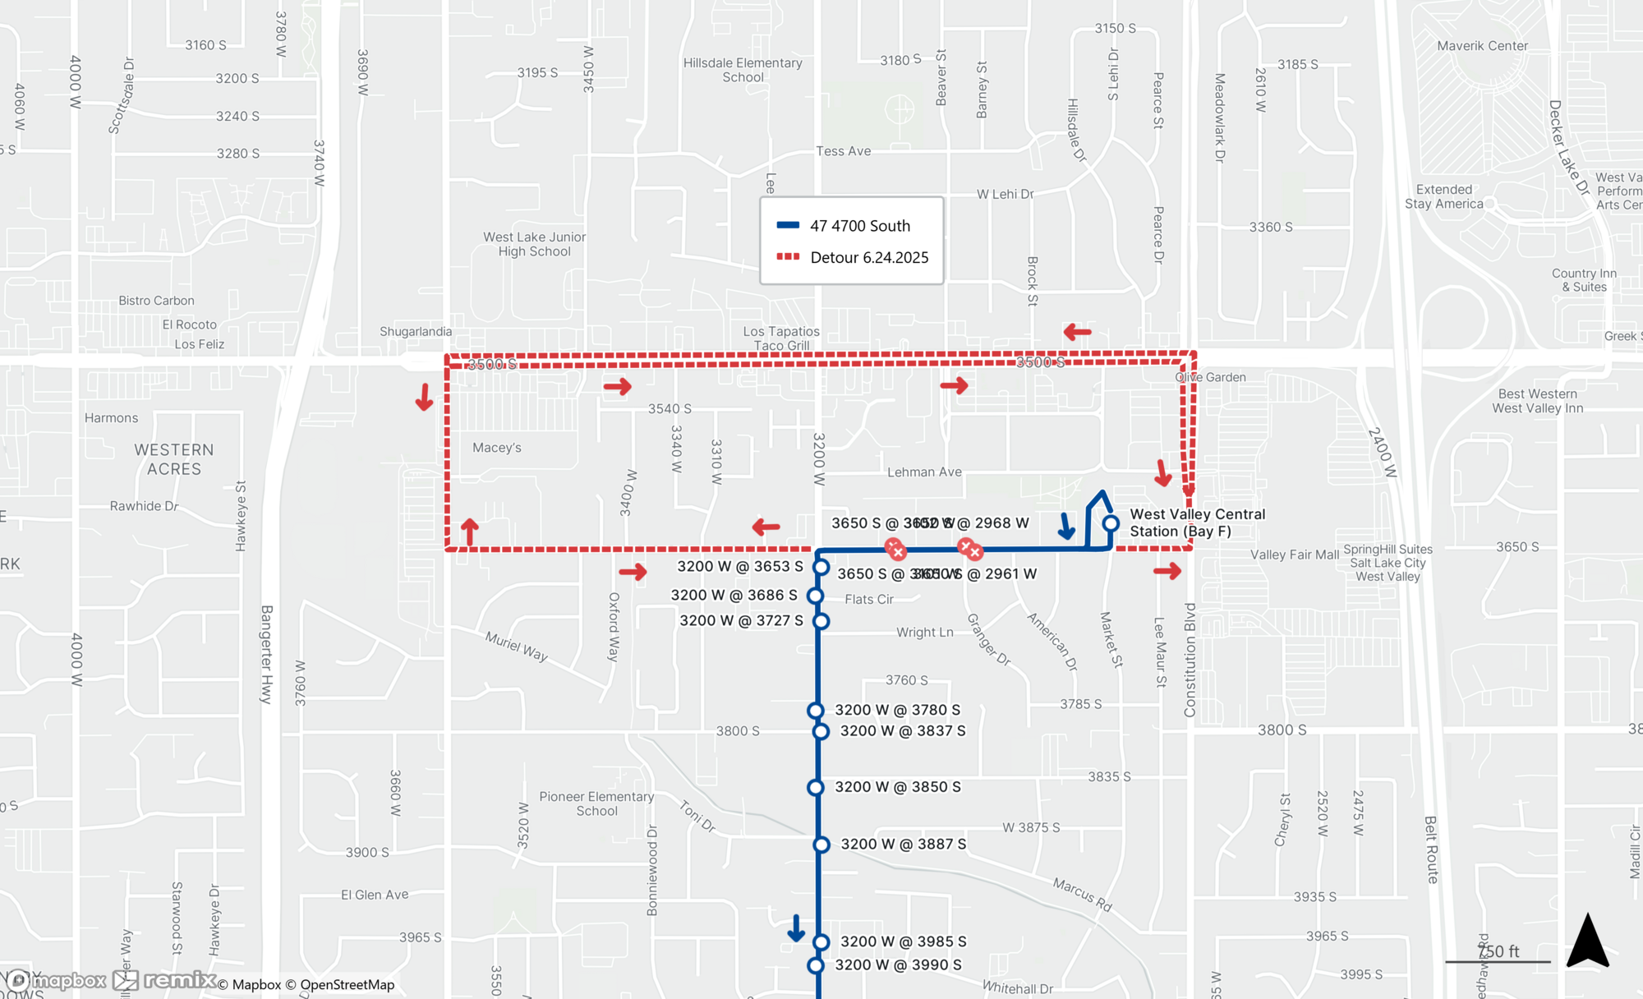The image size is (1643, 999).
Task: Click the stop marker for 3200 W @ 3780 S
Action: [x=815, y=711]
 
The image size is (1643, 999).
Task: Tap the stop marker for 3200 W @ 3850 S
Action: [x=815, y=787]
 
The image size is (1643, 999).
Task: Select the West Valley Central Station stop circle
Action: [x=1111, y=523]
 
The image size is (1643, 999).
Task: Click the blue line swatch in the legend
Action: [x=788, y=225]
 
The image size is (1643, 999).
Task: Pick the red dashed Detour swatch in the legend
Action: [x=788, y=257]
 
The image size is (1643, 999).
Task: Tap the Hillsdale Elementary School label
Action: [x=743, y=70]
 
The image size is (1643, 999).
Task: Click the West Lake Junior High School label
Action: [x=534, y=244]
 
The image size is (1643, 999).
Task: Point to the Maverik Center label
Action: [x=1482, y=46]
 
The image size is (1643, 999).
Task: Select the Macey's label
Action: [x=496, y=448]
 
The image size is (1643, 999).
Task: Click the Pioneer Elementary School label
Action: [x=596, y=803]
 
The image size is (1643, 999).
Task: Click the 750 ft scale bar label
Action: [x=1498, y=951]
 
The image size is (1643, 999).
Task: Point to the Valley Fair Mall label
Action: [x=1294, y=555]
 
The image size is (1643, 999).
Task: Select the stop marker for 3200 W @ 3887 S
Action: [x=821, y=845]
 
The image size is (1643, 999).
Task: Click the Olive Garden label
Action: [x=1210, y=377]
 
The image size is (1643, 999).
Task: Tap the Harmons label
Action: [x=111, y=418]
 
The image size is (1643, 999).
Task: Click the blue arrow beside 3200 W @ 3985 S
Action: [x=795, y=928]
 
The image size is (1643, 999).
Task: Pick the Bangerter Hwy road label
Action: [x=266, y=654]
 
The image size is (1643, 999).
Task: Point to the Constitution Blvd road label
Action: [x=1190, y=659]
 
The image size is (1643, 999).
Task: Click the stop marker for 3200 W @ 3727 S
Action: [x=821, y=621]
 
